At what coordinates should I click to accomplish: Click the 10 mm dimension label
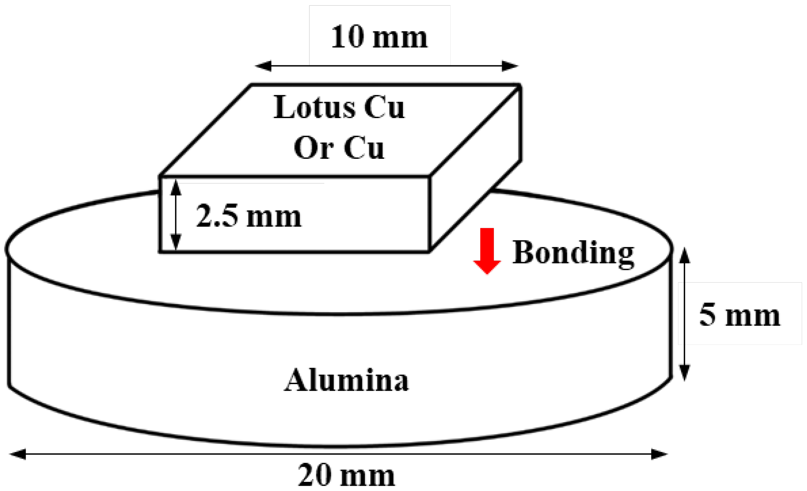(379, 37)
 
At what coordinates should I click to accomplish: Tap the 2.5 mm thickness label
(248, 216)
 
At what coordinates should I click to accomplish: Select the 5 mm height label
(740, 315)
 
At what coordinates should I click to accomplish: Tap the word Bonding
(573, 253)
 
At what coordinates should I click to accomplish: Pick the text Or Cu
(339, 148)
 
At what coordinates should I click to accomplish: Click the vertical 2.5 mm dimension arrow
(176, 215)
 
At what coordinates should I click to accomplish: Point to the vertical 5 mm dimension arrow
(684, 314)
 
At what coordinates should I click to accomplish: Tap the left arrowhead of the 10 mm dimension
(263, 66)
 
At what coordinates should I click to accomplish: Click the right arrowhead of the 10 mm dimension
(509, 66)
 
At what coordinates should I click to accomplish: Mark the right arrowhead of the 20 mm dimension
(659, 454)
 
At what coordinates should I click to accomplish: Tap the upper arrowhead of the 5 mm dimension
(684, 256)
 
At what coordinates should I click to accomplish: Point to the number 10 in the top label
(347, 37)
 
